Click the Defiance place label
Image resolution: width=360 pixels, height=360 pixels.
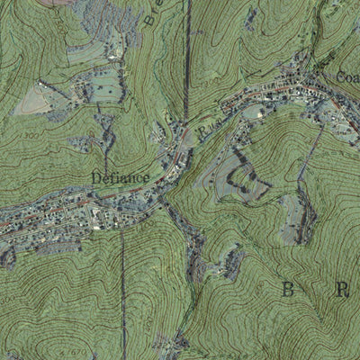tap(120, 177)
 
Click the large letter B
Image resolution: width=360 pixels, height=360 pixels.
tap(288, 289)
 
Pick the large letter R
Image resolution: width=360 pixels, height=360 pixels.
tap(341, 289)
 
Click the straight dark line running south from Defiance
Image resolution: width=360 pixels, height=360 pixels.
tap(123, 288)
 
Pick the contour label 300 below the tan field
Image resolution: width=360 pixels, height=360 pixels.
tap(33, 134)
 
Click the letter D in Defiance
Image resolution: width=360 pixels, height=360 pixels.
tap(95, 177)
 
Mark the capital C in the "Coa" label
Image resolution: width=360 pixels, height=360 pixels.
tap(339, 77)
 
